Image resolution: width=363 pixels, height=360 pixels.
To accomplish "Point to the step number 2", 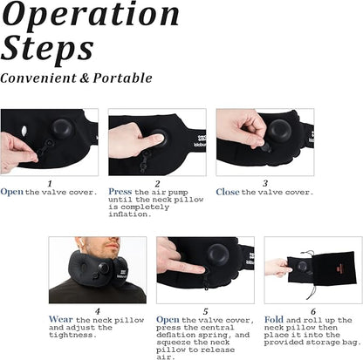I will tap(157, 182).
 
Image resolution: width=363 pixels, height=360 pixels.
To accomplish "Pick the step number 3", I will tap(265, 182).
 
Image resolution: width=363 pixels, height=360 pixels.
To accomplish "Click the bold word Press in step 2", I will tap(120, 192).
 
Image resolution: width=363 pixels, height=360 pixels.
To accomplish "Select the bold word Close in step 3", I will tap(228, 192).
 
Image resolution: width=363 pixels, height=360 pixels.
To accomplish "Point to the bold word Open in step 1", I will tap(12, 192).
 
